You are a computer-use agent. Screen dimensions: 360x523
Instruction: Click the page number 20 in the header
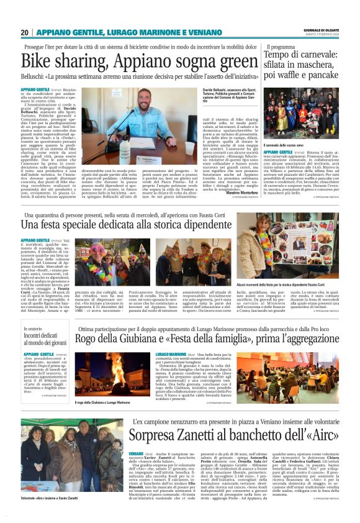coord(25,32)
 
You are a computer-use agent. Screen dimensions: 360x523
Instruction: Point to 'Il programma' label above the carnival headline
coord(281,47)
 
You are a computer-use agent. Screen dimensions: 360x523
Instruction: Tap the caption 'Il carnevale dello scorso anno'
coord(287,144)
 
